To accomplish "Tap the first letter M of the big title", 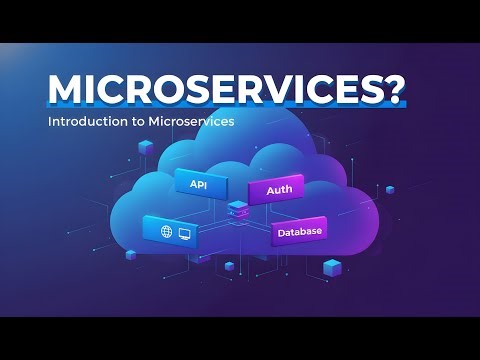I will tap(68, 91).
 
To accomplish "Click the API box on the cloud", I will tap(199, 184).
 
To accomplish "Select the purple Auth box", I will tap(277, 189).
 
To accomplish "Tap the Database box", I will tap(299, 233).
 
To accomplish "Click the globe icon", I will tap(166, 231).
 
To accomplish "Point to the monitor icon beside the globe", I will tap(186, 232).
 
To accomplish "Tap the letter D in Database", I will tap(281, 233).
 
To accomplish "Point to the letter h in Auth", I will tap(290, 189).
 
